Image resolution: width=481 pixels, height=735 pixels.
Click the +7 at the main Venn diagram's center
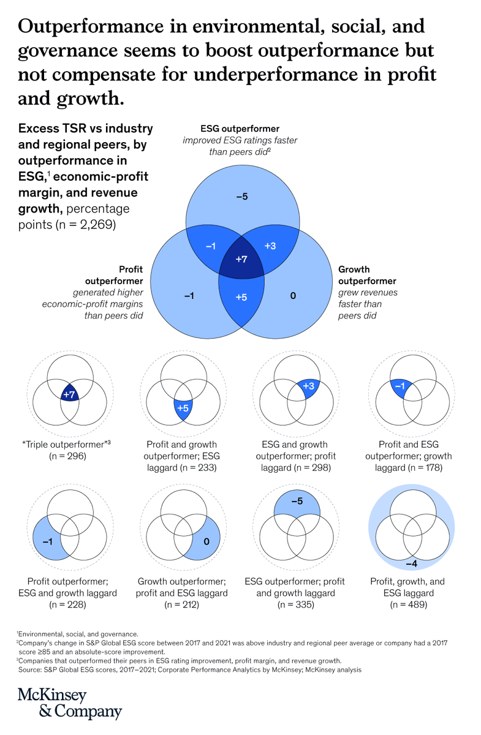tap(241, 260)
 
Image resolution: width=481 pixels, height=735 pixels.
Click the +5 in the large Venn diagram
tap(241, 297)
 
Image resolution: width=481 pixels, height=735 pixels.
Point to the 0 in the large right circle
tap(293, 296)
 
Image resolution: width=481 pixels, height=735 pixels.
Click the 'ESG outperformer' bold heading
tap(240, 129)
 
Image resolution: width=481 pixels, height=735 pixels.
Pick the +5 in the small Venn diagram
tap(182, 408)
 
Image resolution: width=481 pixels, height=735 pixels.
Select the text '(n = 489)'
tap(411, 605)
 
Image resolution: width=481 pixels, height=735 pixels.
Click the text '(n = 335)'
tap(297, 605)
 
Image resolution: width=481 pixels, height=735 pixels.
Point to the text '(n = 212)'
tap(182, 605)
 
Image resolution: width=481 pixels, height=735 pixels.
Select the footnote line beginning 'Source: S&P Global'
tap(190, 669)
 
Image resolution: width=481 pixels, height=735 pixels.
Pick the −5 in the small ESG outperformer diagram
tap(297, 501)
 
